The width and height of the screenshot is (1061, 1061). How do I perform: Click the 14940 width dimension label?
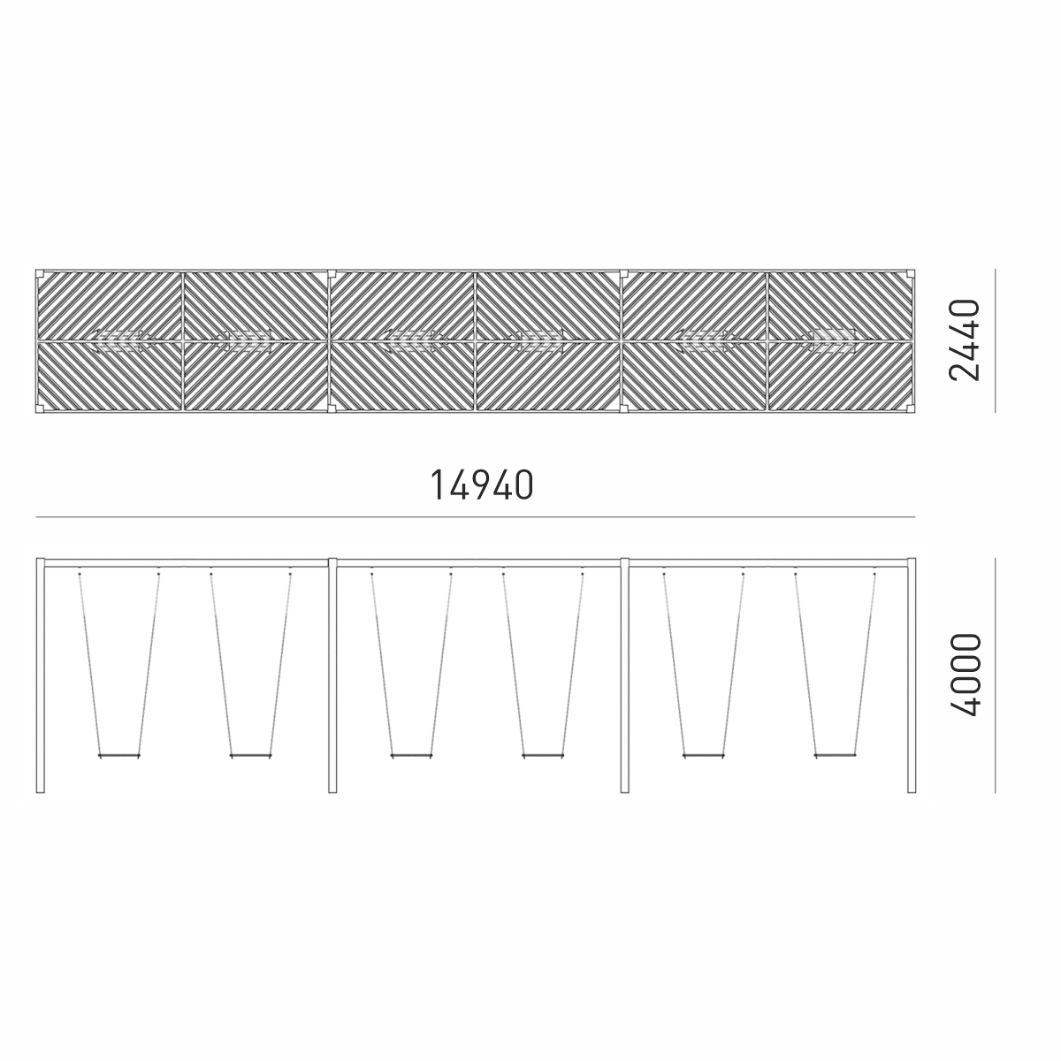point(481,485)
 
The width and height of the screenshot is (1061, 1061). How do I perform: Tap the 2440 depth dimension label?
point(965,340)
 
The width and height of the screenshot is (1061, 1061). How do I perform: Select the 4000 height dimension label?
point(966,675)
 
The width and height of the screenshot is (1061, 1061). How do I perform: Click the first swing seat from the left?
point(119,756)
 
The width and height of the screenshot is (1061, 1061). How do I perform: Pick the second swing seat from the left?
point(250,756)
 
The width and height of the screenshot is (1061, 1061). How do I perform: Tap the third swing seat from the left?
point(411,756)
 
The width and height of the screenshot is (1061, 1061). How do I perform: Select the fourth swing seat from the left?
point(542,756)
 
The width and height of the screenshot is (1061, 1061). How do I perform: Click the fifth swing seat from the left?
point(703,756)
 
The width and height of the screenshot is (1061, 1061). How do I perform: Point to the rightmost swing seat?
point(835,756)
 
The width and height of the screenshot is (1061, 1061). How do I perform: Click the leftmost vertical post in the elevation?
point(40,676)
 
